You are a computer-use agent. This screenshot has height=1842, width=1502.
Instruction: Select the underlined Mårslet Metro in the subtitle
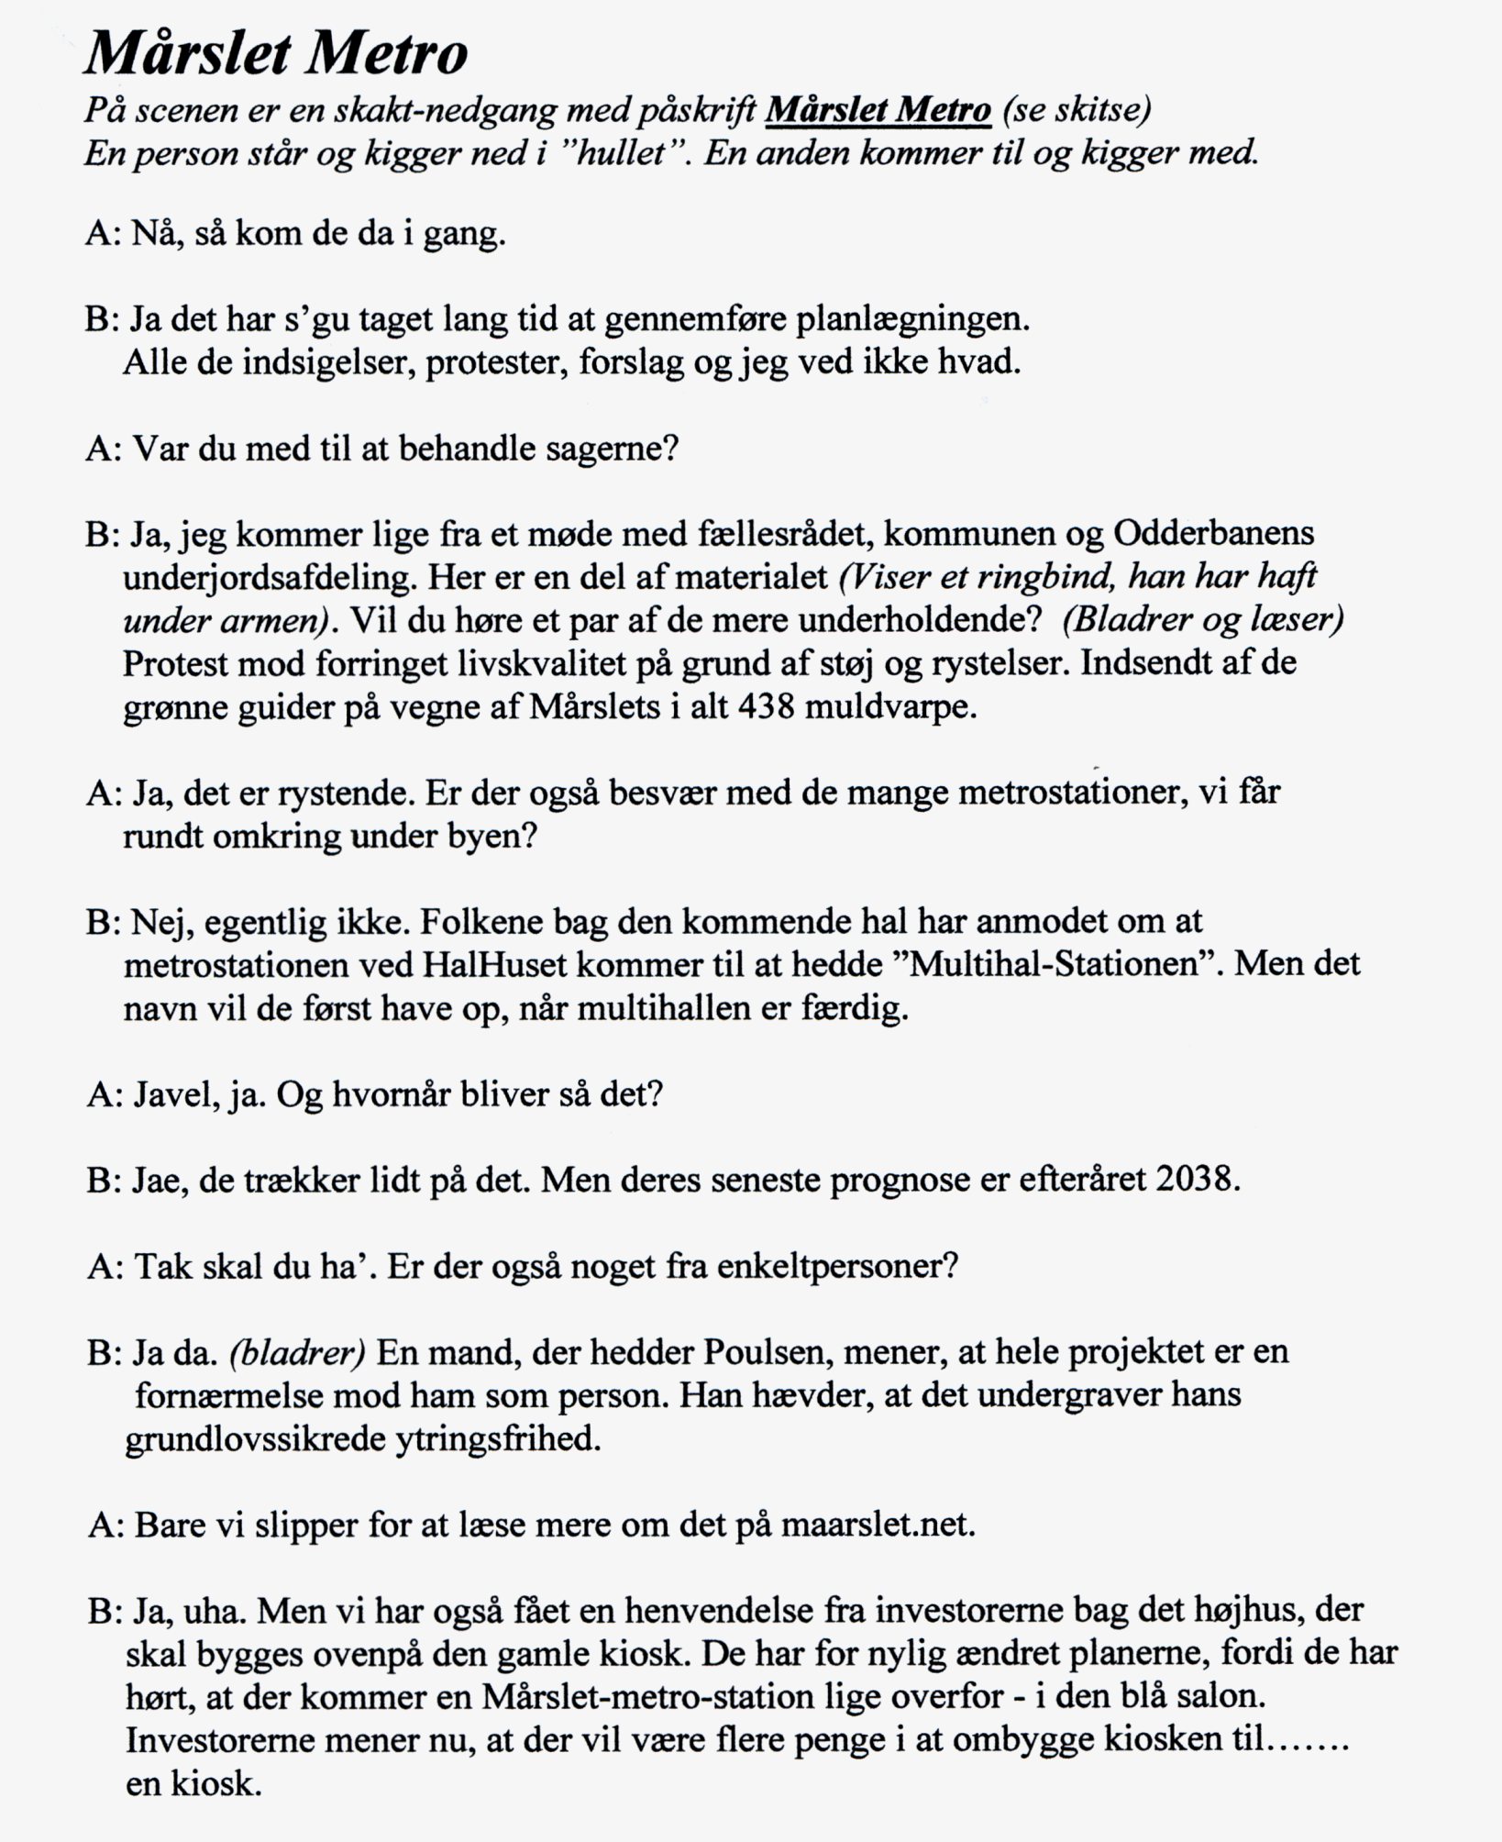878,111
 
